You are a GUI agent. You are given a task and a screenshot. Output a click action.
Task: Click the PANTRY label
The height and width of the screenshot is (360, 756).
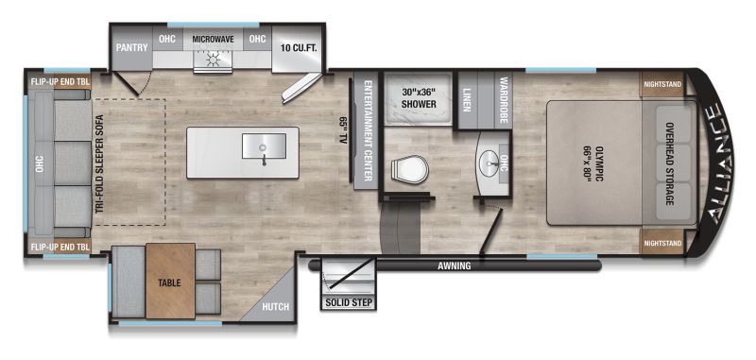tap(131, 47)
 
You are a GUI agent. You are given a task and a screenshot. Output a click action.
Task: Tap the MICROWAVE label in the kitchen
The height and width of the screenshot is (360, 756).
tap(213, 39)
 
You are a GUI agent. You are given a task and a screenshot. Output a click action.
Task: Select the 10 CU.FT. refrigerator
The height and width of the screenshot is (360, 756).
tap(297, 49)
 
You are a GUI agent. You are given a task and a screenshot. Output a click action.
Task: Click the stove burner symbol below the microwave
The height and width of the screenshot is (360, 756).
tap(212, 60)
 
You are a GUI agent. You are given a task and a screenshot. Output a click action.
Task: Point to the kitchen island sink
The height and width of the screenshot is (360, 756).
tap(264, 146)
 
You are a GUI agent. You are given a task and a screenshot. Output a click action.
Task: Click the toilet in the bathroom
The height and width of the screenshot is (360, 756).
tap(409, 170)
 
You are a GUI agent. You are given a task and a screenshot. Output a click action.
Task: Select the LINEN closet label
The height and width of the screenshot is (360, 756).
tap(467, 100)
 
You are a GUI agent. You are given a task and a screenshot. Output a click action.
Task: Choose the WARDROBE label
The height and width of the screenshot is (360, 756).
tap(504, 100)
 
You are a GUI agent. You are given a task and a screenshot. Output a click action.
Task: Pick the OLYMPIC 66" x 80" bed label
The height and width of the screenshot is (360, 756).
tap(594, 163)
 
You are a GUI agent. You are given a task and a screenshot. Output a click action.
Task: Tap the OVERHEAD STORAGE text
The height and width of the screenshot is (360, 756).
tap(669, 163)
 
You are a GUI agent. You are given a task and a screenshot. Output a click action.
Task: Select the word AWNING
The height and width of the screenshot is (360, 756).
tap(455, 266)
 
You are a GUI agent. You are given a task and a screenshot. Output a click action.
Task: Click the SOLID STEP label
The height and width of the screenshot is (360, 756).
tap(349, 303)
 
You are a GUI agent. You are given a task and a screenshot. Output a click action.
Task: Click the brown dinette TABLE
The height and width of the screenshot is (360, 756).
tap(170, 281)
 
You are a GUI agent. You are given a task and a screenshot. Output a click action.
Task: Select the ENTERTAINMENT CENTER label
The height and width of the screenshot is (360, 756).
tap(368, 130)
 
